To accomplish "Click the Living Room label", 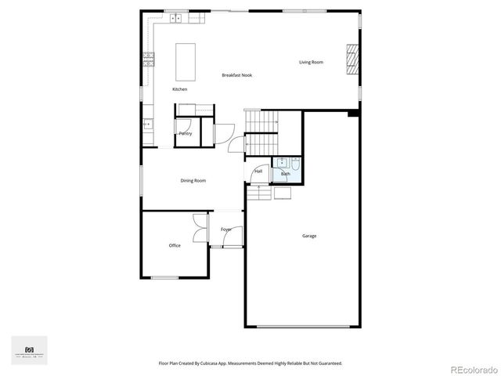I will (311, 62).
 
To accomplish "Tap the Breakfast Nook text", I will (236, 75).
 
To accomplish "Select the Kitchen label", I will (180, 89).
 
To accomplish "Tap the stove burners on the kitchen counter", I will (148, 57).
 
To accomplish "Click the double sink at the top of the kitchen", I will (176, 16).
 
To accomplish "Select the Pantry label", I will (186, 134).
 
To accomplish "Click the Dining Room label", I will (193, 181).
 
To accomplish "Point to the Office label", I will (175, 245).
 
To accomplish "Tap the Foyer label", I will (225, 230).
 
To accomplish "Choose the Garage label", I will (309, 236).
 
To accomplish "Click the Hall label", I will (258, 171).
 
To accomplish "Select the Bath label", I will (285, 174).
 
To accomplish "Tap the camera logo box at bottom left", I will (30, 350).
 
